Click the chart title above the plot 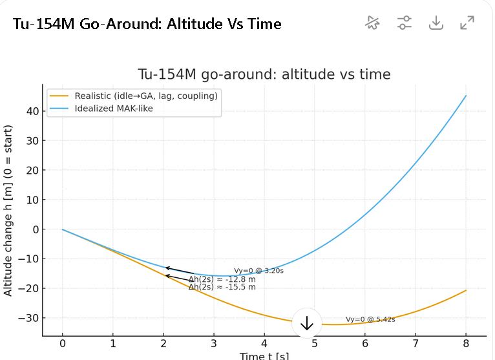click(264, 74)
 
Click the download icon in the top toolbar click(436, 23)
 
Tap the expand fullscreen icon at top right click(467, 23)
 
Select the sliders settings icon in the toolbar click(405, 23)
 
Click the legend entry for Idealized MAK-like click(114, 108)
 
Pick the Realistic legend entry click(145, 96)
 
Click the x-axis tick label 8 click(465, 344)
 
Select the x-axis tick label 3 click(213, 344)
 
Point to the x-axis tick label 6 click(364, 344)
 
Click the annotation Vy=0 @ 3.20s click(258, 271)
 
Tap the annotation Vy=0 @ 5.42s click(370, 319)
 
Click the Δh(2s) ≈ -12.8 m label click(222, 279)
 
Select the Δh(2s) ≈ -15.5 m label click(222, 287)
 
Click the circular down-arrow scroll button click(307, 324)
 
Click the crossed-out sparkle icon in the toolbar click(372, 23)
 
